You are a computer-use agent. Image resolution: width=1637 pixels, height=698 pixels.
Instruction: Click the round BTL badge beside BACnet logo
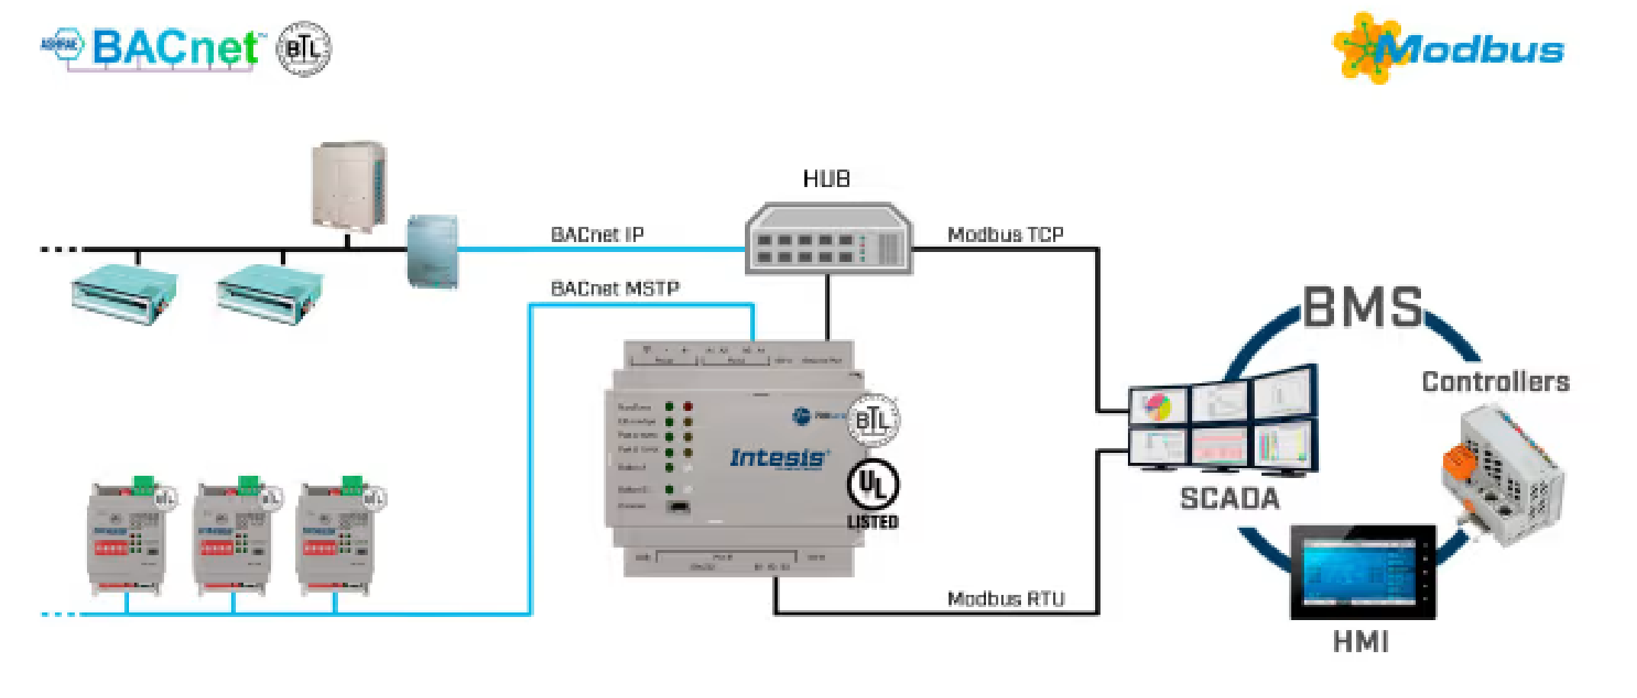303,49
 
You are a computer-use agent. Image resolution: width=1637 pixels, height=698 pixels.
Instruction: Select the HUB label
826,179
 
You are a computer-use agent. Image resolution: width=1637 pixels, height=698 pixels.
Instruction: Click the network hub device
828,238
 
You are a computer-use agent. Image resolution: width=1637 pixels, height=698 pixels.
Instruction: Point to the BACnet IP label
597,234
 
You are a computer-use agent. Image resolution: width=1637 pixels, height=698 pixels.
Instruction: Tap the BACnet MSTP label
614,289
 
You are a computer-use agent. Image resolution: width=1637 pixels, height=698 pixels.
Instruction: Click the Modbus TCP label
1005,234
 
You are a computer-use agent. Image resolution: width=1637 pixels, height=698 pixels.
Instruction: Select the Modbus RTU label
1005,599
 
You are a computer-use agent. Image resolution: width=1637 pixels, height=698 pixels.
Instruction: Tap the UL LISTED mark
873,494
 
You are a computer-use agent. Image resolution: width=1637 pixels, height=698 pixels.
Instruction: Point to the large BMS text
1363,307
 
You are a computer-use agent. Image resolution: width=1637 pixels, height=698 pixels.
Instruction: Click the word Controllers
1495,382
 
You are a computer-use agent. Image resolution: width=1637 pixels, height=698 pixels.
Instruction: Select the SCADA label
1229,499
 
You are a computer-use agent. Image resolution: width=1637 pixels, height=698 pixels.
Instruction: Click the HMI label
1361,642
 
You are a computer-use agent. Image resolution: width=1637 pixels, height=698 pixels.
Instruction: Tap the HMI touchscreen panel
1362,571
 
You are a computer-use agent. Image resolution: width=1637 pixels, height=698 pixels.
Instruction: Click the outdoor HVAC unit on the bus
350,185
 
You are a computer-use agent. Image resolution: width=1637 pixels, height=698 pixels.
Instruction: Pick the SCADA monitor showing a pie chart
1158,406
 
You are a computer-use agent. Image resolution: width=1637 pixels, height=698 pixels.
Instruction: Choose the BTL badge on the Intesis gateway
873,419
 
